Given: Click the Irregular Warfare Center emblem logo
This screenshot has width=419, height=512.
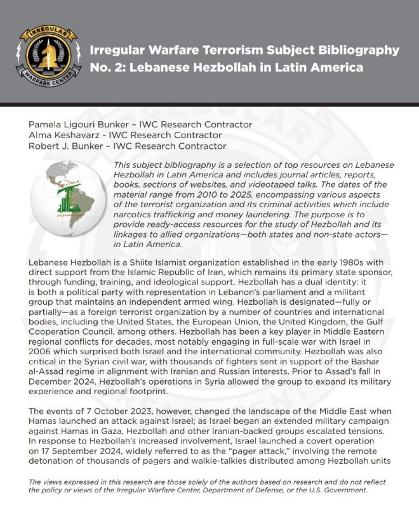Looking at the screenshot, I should [x=44, y=56].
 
